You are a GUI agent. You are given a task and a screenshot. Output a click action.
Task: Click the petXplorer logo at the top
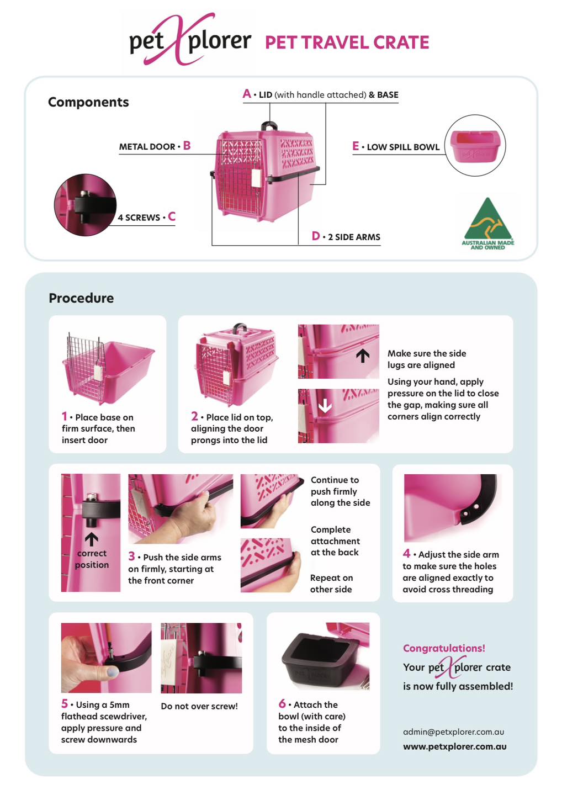190,40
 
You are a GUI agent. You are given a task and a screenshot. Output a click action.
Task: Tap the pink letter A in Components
247,94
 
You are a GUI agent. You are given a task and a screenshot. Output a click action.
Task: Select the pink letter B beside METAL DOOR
187,146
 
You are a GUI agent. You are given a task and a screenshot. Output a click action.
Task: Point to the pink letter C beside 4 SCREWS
172,216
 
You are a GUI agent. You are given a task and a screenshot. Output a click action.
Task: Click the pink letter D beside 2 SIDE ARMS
316,236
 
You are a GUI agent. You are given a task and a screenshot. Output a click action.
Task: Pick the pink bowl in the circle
475,146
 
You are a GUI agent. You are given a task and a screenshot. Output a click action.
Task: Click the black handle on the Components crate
269,126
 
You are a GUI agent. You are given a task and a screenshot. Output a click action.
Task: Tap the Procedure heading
81,298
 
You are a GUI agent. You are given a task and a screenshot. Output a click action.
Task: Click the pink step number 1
64,416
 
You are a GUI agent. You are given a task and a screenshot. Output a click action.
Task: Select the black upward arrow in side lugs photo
363,356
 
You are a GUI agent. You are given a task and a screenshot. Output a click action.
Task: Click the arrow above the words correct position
92,539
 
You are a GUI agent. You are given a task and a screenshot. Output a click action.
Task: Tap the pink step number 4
406,553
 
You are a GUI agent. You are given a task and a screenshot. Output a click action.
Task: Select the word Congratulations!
444,648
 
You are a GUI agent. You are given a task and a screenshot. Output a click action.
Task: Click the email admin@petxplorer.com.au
453,732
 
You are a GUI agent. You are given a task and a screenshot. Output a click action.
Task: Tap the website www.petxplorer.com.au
455,747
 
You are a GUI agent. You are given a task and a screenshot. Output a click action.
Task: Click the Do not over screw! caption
199,706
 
